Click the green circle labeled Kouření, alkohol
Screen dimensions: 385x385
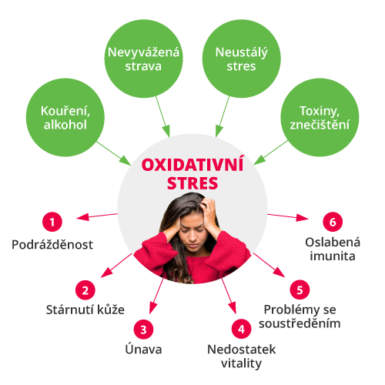pyautogui.click(x=65, y=118)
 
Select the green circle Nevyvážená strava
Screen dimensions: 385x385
pyautogui.click(x=143, y=59)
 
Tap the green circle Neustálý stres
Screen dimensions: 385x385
pyautogui.click(x=241, y=59)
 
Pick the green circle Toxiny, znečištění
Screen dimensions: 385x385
pyautogui.click(x=320, y=118)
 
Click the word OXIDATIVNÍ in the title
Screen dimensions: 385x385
pyautogui.click(x=192, y=165)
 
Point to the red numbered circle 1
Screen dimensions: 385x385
pyautogui.click(x=52, y=222)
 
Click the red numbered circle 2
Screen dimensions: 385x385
pyautogui.click(x=85, y=290)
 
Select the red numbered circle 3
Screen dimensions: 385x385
pyautogui.click(x=143, y=330)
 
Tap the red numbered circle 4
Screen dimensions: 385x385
pyautogui.click(x=241, y=329)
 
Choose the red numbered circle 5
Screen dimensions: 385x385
pyautogui.click(x=300, y=290)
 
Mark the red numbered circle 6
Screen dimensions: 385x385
pyautogui.click(x=333, y=222)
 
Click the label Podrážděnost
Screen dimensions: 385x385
pyautogui.click(x=52, y=244)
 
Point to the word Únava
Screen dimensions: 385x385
pyautogui.click(x=143, y=349)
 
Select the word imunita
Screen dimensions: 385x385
pyautogui.click(x=333, y=256)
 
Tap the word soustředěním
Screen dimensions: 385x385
pyautogui.click(x=300, y=323)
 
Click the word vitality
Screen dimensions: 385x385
pyautogui.click(x=241, y=364)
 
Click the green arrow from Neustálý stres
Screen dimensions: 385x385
pyautogui.click(x=223, y=117)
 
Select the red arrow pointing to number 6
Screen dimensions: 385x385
pyautogui.click(x=288, y=217)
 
